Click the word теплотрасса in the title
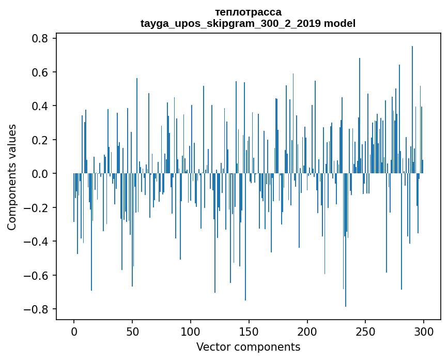click(x=248, y=12)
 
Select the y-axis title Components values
click(x=12, y=177)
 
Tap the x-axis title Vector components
click(x=248, y=347)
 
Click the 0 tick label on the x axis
click(x=74, y=331)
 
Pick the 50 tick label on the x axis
click(x=132, y=331)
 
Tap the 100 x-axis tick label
click(x=191, y=331)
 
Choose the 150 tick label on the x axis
click(x=249, y=331)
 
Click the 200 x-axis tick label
click(x=307, y=331)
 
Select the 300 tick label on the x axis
click(x=424, y=331)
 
